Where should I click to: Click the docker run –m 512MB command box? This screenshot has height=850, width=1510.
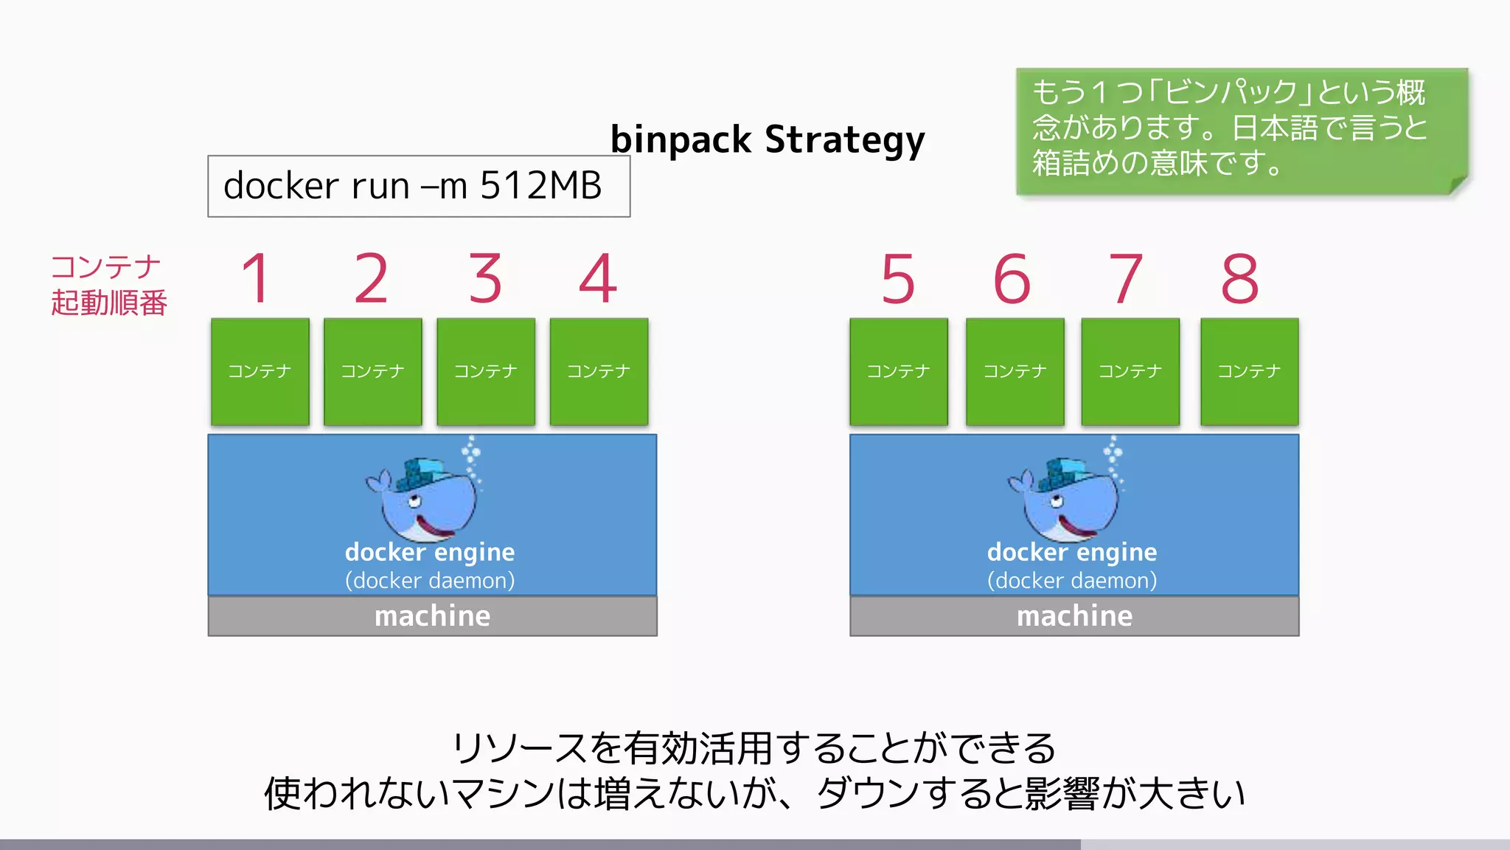coord(418,186)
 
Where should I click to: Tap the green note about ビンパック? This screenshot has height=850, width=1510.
coord(1241,131)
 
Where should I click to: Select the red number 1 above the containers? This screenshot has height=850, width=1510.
coord(257,278)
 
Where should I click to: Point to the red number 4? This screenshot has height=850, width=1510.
coord(597,278)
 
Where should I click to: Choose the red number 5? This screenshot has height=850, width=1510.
coord(898,279)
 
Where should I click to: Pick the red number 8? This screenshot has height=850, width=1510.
coord(1240,279)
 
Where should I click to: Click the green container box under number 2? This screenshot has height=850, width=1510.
coord(372,371)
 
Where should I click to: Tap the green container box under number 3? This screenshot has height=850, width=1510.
coord(485,371)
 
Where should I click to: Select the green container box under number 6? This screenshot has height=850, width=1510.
coord(1015,371)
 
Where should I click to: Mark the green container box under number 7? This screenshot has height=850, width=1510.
coord(1130,371)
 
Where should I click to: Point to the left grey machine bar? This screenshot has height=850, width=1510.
coord(432,616)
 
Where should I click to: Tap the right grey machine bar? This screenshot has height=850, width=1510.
coord(1074,616)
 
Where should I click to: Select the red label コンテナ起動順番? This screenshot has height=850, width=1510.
coord(109,285)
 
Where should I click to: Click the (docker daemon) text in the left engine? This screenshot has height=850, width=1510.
coord(430,581)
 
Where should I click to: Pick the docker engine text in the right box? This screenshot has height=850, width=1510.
coord(1072,552)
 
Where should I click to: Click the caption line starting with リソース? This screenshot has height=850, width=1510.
coord(754,748)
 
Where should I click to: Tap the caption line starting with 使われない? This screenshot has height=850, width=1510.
coord(754,793)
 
